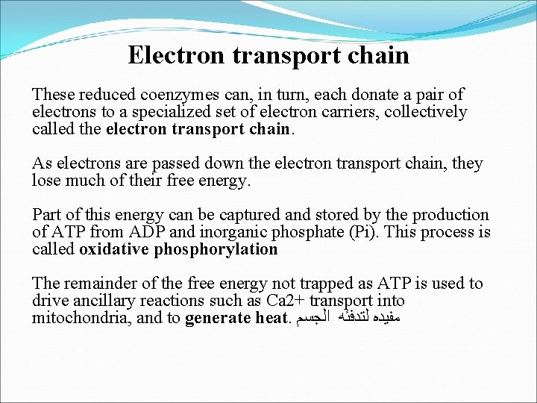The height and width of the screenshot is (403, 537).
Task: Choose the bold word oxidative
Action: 114,249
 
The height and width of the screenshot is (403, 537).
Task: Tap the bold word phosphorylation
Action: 216,249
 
